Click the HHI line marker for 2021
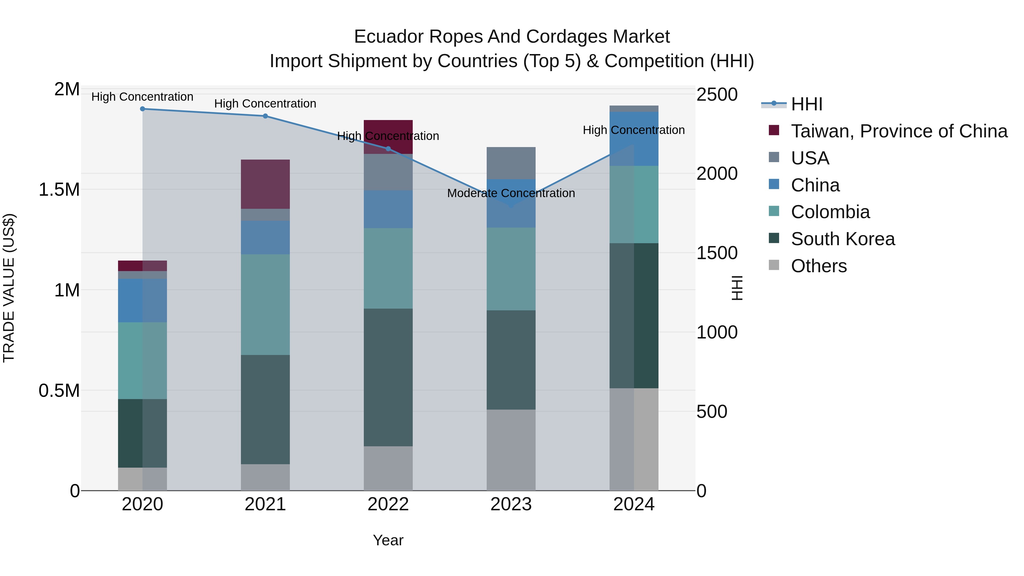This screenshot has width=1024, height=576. point(266,116)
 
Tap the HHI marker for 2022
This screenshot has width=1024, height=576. point(388,149)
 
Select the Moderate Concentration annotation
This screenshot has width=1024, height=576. point(511,193)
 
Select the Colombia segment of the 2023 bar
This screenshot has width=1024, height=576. point(511,269)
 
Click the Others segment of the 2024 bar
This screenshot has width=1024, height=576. point(634,439)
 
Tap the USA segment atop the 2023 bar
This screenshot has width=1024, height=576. point(511,163)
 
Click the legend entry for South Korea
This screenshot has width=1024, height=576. point(843,239)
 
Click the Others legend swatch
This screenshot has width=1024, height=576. point(774,265)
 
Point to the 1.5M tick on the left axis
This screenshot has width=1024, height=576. point(59,190)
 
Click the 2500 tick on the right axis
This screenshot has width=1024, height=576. point(717,95)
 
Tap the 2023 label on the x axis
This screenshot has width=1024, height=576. point(511,504)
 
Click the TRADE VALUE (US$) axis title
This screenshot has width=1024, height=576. point(9,288)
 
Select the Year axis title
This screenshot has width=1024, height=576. point(388,540)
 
